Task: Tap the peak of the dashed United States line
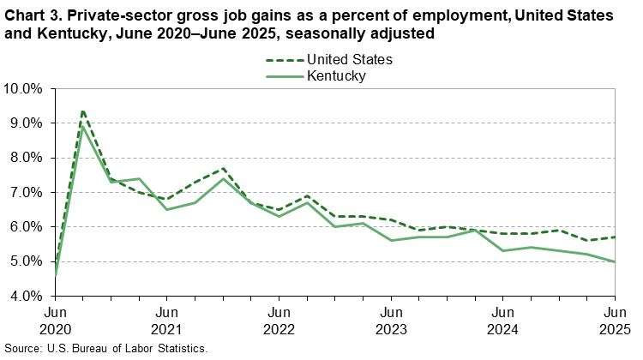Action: coord(82,110)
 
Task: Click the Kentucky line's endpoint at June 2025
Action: coord(613,262)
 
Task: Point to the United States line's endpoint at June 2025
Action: coord(613,237)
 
